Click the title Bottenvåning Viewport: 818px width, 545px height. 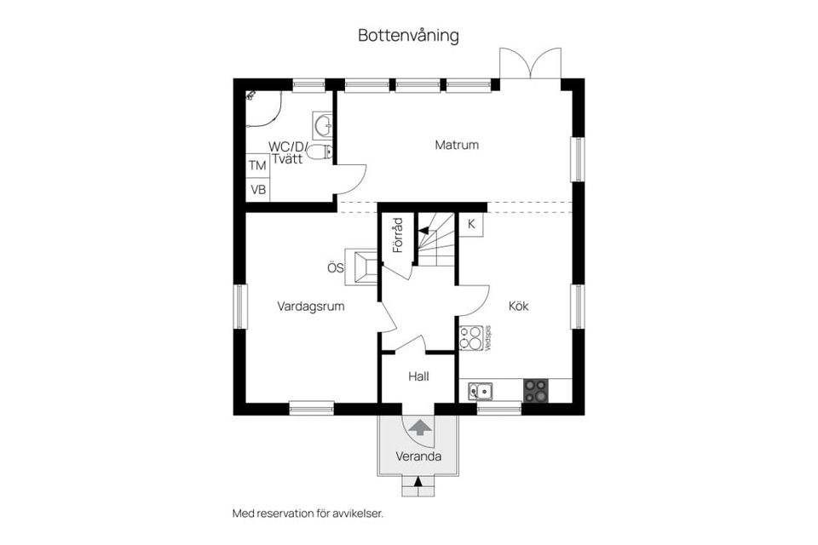408,36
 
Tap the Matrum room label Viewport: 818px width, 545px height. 457,145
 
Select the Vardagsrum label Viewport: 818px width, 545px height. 311,307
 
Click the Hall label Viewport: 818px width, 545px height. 418,376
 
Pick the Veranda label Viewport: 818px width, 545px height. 418,456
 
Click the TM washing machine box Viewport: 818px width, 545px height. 257,165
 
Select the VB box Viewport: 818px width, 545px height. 257,189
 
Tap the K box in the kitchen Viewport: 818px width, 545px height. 471,225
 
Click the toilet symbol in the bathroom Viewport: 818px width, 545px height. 319,152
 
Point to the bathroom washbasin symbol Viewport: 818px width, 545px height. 322,126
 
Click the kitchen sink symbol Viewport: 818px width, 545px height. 480,392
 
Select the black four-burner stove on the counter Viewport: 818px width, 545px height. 535,391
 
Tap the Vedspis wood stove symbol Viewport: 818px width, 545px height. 470,338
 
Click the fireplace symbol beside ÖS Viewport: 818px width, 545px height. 361,265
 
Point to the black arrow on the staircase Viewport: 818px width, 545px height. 423,229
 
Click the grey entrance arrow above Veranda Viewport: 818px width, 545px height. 418,427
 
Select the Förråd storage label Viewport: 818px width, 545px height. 397,235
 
